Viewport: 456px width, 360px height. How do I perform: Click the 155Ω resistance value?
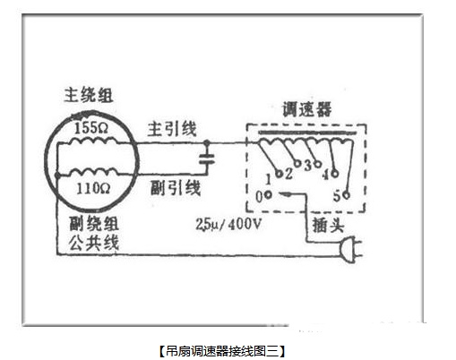[x=91, y=128]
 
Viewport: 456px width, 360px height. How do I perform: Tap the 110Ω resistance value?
[x=93, y=188]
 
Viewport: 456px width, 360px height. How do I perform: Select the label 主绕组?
[x=89, y=95]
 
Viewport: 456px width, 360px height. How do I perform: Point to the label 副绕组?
[x=94, y=224]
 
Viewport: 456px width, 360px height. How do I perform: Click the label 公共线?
[x=94, y=243]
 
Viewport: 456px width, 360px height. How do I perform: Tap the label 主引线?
[x=172, y=129]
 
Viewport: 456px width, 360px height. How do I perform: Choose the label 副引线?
[x=175, y=188]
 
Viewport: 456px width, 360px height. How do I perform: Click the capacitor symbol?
[x=207, y=159]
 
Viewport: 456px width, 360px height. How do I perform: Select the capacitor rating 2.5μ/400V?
[x=228, y=224]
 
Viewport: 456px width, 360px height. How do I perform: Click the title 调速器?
[x=307, y=109]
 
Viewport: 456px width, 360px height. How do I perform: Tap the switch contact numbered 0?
[x=268, y=194]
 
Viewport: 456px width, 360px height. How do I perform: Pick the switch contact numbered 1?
[x=279, y=174]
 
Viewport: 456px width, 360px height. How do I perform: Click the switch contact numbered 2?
[x=297, y=163]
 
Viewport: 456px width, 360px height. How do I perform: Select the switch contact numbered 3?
[x=318, y=164]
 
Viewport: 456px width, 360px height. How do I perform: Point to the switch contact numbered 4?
[x=335, y=173]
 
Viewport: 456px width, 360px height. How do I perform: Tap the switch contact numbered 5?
[x=346, y=195]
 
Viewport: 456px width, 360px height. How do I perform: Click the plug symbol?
[x=350, y=250]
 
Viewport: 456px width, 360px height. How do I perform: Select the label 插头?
[x=328, y=225]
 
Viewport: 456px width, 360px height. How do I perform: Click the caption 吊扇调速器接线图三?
[x=222, y=351]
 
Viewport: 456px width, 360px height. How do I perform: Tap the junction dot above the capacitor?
[x=207, y=143]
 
